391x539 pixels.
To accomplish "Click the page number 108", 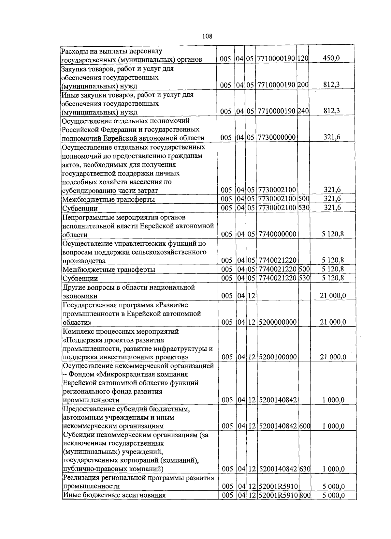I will (207, 36).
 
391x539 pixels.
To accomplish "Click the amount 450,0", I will (331, 58).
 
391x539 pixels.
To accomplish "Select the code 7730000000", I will (277, 138).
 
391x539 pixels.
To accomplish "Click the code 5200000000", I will (278, 322).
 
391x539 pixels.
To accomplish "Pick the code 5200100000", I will (278, 357).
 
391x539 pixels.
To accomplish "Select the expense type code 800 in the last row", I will (305, 495).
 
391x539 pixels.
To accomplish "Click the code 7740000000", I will (278, 234).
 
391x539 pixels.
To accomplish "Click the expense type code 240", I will (303, 111).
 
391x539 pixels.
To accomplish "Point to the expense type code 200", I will (303, 85).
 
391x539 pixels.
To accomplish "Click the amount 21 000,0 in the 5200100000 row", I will (333, 357).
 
